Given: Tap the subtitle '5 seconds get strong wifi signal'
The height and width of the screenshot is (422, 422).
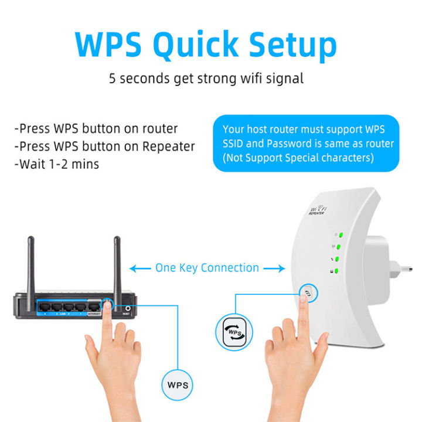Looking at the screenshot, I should tap(206, 78).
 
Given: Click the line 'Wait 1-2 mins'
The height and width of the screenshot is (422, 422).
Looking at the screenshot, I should tap(58, 164).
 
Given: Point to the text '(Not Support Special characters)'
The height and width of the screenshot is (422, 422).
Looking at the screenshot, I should tap(298, 158).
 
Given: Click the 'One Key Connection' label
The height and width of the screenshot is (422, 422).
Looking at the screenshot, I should tap(207, 268).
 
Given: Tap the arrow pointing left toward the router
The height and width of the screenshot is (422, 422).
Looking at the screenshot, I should tap(139, 268).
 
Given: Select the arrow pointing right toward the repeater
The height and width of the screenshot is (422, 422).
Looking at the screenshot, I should tap(274, 268).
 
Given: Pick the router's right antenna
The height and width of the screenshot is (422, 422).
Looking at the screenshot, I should tap(117, 264).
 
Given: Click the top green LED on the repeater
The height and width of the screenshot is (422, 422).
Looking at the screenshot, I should tap(339, 237).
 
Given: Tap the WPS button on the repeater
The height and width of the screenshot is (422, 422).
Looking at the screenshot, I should tap(306, 291).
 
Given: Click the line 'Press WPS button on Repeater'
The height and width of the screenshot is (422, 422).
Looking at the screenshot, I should tap(107, 146).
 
